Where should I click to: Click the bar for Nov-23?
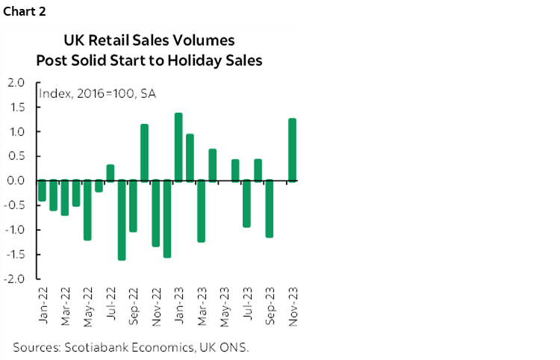(x=292, y=149)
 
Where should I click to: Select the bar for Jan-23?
(x=178, y=147)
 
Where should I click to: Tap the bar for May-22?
(x=87, y=210)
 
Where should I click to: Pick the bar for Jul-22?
(x=110, y=173)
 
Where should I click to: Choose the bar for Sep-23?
(x=270, y=209)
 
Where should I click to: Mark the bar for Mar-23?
(x=201, y=211)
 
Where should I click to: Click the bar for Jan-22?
(x=42, y=190)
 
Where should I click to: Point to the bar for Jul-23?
(x=246, y=204)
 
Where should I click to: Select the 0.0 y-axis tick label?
(x=16, y=181)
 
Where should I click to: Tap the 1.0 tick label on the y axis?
(x=16, y=131)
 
